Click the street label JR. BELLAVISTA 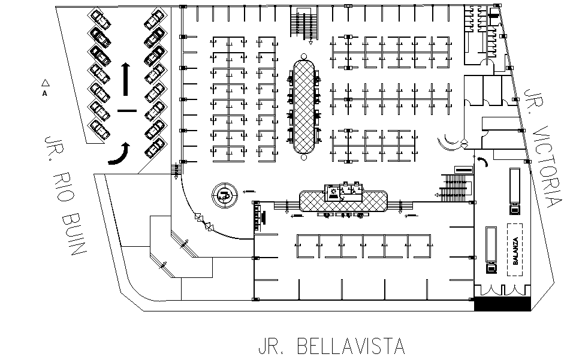tap(331, 346)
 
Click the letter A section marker tap(44, 94)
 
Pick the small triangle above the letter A tap(44, 83)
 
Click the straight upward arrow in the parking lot tap(126, 78)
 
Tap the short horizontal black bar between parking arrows tap(127, 111)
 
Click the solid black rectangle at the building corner tap(502, 304)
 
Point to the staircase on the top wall tap(304, 25)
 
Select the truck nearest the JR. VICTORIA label tap(514, 190)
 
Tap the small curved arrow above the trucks tap(484, 161)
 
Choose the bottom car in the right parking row tap(155, 146)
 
